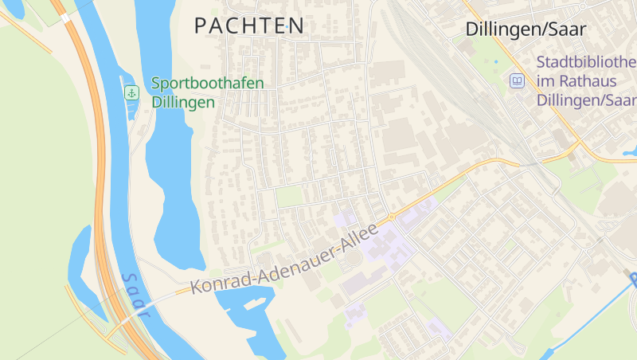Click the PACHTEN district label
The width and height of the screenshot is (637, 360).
point(249,25)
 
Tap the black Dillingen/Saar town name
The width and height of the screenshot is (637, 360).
point(526,29)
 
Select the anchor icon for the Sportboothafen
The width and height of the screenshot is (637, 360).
point(131,93)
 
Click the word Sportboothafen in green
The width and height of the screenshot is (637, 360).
point(207,83)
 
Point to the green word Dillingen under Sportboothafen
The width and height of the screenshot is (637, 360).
point(183,102)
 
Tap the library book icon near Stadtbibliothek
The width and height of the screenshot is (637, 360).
point(518,80)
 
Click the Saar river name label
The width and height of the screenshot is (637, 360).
point(135,295)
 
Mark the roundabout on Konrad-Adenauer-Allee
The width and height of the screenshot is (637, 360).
point(392,217)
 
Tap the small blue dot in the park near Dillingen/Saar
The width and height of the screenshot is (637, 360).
point(495,61)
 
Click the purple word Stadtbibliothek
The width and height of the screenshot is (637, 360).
point(586,62)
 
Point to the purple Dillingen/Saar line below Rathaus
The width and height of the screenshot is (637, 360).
point(586,100)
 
